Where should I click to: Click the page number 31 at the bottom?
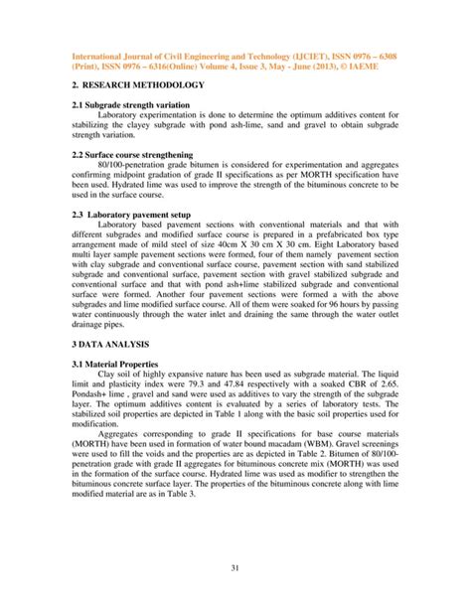[235, 567]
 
